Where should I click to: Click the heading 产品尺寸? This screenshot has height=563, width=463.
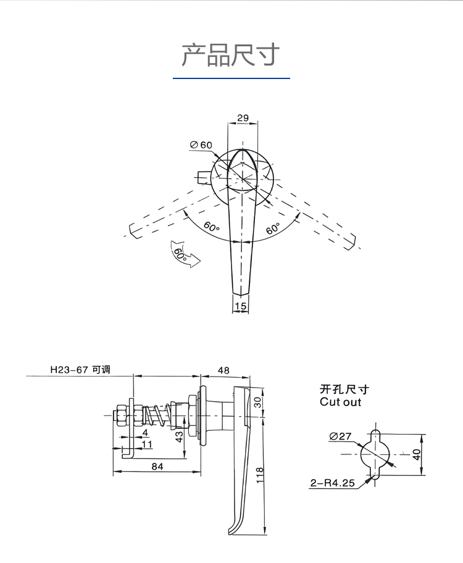click(x=231, y=55)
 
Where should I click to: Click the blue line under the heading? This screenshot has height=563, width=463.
click(x=231, y=79)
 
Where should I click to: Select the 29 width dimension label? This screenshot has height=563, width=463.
click(x=243, y=117)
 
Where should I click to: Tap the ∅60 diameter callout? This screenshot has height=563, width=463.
click(x=201, y=144)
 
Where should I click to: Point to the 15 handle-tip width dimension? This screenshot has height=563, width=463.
click(x=241, y=306)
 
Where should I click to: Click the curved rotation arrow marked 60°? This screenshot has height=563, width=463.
click(x=184, y=254)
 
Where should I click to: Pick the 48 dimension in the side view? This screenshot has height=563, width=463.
click(x=223, y=370)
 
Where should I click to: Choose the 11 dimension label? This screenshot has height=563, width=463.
click(x=147, y=444)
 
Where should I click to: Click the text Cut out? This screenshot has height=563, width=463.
click(x=340, y=402)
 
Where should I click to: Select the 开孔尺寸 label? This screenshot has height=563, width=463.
click(x=344, y=390)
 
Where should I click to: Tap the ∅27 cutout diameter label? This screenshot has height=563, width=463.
click(x=340, y=436)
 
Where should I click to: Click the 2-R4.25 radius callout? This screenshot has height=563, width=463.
click(x=332, y=483)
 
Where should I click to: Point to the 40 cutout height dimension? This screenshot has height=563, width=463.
click(x=417, y=454)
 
